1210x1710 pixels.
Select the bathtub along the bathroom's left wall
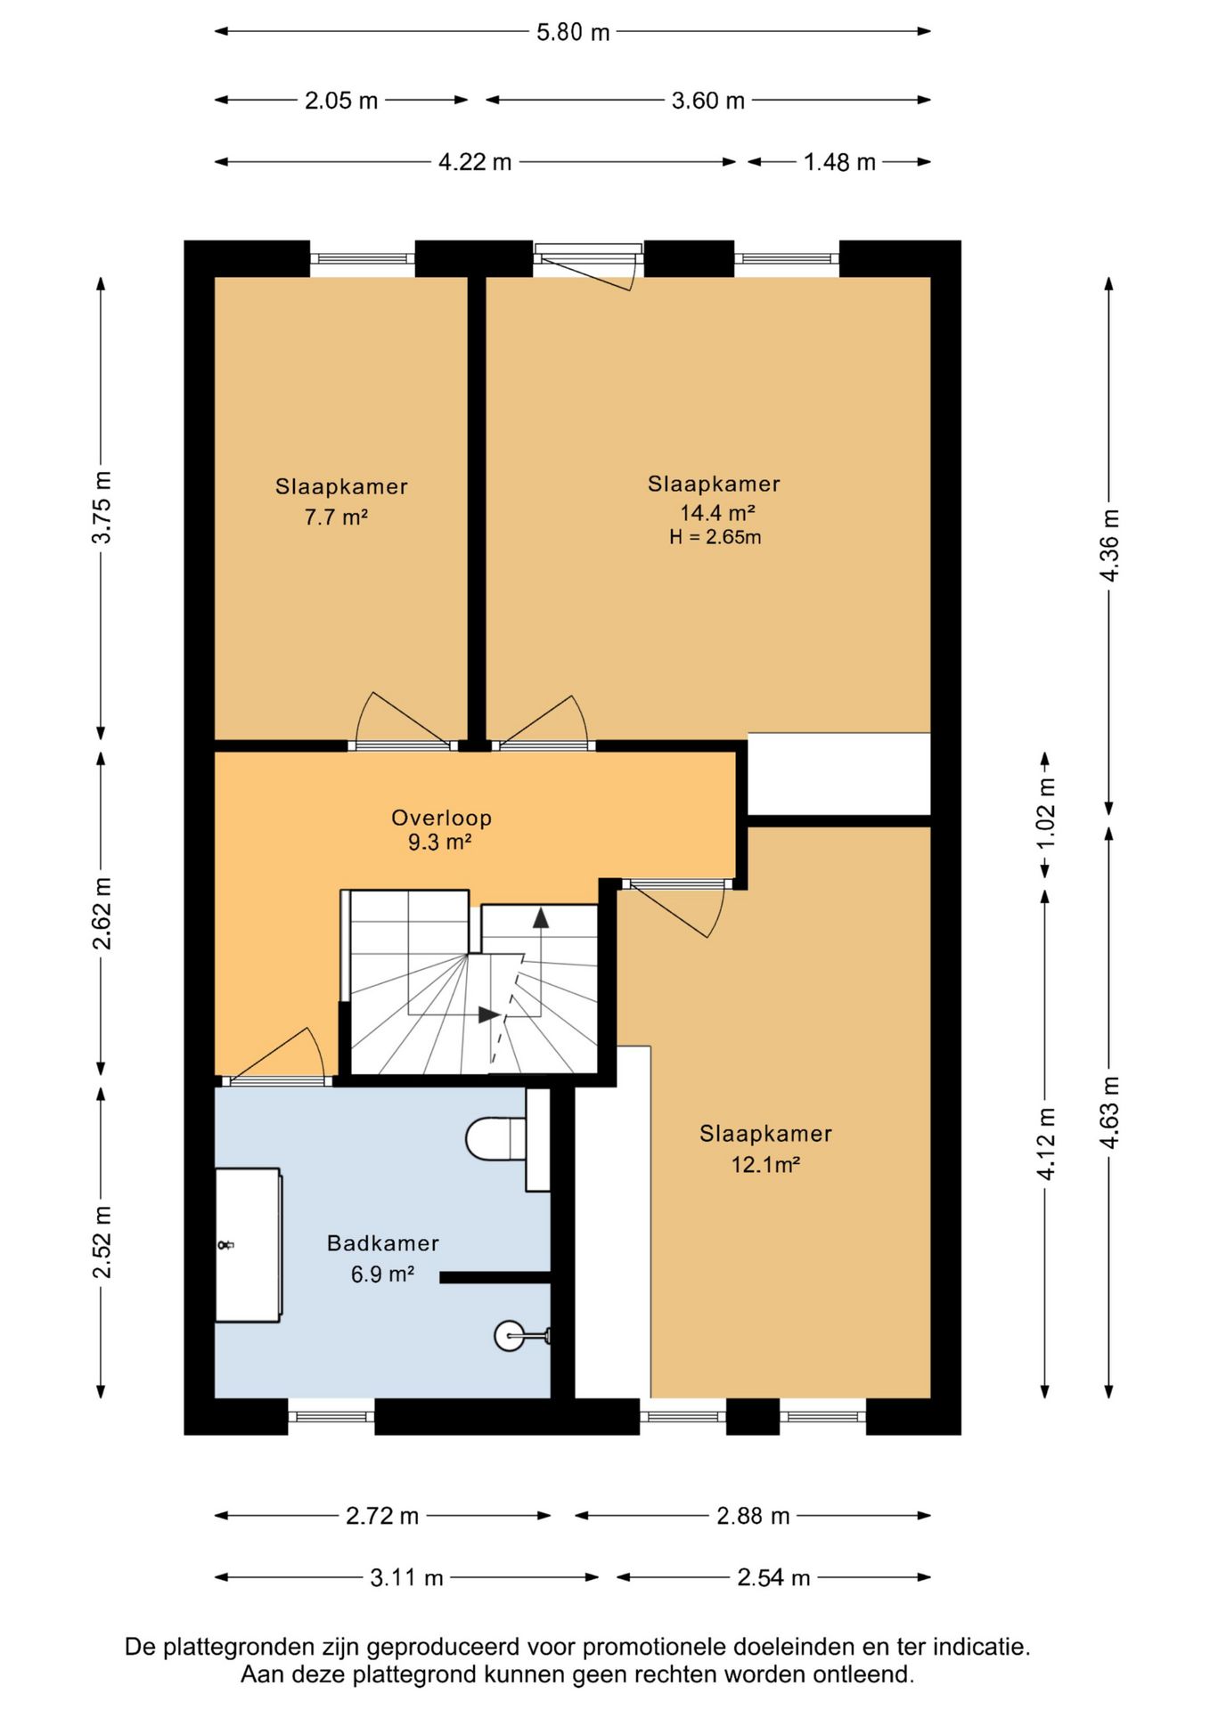tap(249, 1245)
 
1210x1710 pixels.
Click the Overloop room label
tap(441, 818)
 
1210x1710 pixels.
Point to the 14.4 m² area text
tap(717, 512)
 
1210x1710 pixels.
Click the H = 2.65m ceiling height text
tap(715, 537)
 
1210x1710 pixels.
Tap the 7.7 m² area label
tap(336, 517)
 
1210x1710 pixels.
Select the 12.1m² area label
tap(765, 1164)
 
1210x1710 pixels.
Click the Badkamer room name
tap(383, 1243)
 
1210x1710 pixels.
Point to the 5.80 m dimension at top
tap(573, 32)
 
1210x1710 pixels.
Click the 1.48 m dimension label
tap(839, 162)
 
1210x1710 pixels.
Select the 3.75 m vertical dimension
tap(102, 507)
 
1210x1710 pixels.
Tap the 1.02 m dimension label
tap(1046, 813)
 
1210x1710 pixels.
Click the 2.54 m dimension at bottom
tap(773, 1577)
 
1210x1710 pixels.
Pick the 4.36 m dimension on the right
tap(1109, 545)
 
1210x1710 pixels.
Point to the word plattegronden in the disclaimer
tap(240, 1647)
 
